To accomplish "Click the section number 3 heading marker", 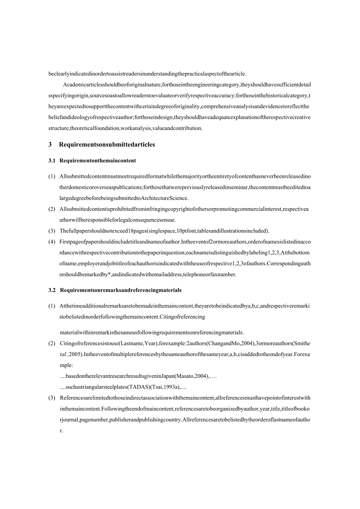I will pos(50,145).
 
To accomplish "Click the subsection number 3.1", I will pos(52,160).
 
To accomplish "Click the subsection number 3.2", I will pos(52,290).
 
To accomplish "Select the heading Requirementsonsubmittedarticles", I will pos(107,145).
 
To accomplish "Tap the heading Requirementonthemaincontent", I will pos(98,160).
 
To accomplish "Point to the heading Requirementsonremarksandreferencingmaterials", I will pos(121,290).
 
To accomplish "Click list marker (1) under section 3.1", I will pos(52,176).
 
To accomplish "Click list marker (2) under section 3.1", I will pos(52,209).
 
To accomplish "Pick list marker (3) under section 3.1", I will pos(52,231).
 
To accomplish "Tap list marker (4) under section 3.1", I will pos(52,242).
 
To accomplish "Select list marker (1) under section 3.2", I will pos(52,306).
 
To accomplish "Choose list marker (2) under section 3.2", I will pos(52,344).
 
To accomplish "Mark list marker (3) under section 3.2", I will pos(52,398).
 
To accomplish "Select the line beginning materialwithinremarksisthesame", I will pos(152,333).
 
